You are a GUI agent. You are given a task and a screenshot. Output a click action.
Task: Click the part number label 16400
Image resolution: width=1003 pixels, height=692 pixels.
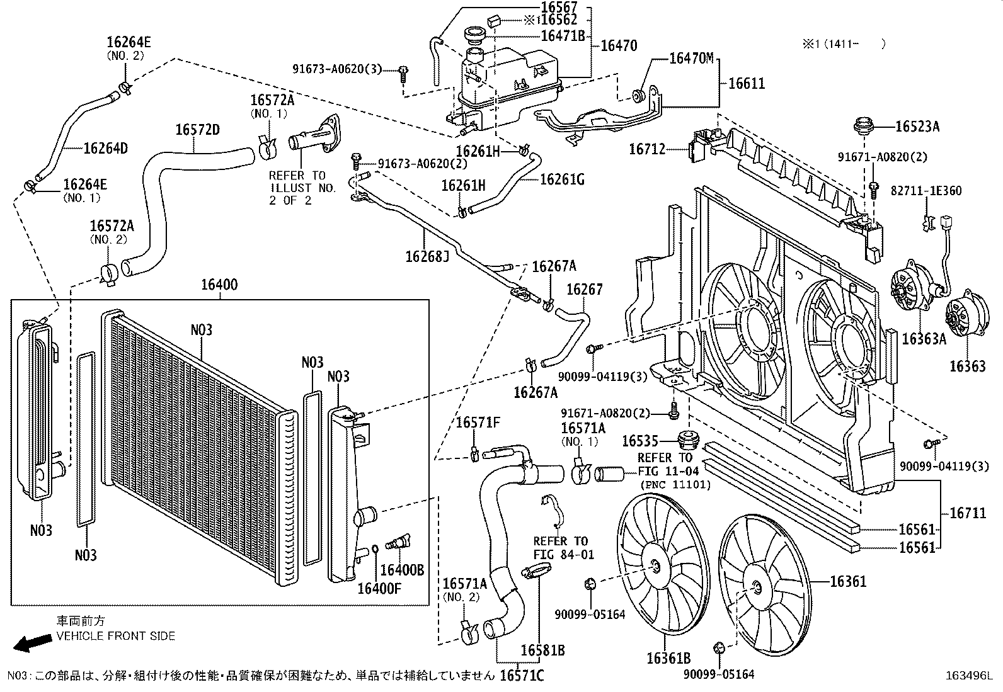(x=219, y=285)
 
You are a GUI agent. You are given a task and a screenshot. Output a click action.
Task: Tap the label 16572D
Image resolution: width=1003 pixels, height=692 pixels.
(x=197, y=130)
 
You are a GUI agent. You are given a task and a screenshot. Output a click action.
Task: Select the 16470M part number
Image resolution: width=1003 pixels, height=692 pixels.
(x=691, y=59)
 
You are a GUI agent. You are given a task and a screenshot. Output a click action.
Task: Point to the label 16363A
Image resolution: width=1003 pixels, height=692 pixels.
(x=924, y=339)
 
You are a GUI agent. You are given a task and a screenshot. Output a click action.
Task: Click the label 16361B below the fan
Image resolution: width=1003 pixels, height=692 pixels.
(x=668, y=659)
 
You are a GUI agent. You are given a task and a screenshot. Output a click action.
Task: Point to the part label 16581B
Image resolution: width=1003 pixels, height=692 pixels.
(x=542, y=649)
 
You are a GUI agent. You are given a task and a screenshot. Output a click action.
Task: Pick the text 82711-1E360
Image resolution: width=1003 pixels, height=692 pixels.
(x=926, y=190)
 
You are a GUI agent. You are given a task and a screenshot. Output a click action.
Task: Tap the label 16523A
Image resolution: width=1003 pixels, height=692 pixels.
(x=917, y=127)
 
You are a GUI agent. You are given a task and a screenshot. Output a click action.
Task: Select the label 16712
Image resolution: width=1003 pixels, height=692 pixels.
(x=646, y=149)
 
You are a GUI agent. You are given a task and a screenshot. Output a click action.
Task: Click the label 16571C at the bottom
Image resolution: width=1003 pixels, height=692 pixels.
(x=522, y=675)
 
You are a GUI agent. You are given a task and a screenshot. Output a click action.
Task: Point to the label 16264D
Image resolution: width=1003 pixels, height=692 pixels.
(x=105, y=149)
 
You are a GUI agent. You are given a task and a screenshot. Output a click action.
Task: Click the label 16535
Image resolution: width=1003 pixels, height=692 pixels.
(x=639, y=441)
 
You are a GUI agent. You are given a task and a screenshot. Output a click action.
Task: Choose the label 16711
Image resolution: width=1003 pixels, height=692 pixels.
(x=968, y=514)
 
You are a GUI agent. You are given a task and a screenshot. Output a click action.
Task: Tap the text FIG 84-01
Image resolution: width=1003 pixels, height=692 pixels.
(x=563, y=555)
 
